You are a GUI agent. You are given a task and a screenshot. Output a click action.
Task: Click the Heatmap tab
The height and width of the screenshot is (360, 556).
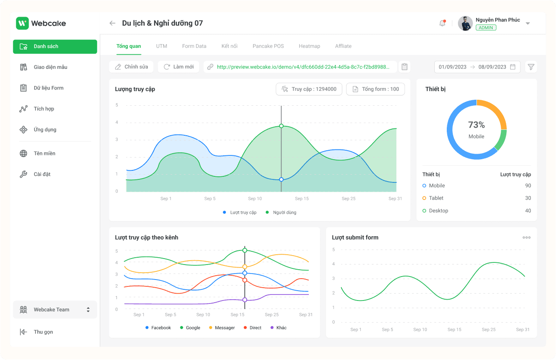(x=309, y=46)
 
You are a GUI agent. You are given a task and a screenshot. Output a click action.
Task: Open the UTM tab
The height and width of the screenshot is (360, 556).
(x=161, y=46)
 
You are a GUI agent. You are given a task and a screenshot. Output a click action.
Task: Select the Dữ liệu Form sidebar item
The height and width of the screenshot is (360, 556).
(x=48, y=88)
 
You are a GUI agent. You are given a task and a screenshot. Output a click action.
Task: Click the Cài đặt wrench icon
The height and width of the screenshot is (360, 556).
(x=24, y=174)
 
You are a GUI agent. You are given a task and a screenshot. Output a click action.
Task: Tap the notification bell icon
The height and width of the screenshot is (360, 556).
(x=442, y=24)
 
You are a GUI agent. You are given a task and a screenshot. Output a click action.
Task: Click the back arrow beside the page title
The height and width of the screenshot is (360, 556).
(x=112, y=24)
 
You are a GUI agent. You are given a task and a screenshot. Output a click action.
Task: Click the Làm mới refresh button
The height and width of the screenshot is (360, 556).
(x=179, y=67)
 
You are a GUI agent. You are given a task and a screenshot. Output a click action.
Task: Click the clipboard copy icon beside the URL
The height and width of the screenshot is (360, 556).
(x=404, y=67)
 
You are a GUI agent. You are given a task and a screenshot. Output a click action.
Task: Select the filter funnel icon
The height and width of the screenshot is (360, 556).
(x=531, y=67)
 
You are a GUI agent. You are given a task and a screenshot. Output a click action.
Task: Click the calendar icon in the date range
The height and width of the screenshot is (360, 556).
(x=513, y=67)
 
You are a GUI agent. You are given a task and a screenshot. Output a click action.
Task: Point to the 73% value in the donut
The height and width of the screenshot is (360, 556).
(x=476, y=125)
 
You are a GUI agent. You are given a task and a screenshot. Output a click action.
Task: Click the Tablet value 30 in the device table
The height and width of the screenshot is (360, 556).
(x=528, y=198)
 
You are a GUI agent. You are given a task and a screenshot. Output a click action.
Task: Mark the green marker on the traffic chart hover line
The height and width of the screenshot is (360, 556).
(x=281, y=126)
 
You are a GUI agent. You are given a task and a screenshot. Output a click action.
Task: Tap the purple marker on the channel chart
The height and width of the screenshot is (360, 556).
(x=245, y=300)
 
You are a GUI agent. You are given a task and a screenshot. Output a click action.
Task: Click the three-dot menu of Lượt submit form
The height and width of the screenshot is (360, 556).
(x=526, y=238)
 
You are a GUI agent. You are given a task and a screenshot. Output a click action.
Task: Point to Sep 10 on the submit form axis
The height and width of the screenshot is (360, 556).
(x=420, y=330)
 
